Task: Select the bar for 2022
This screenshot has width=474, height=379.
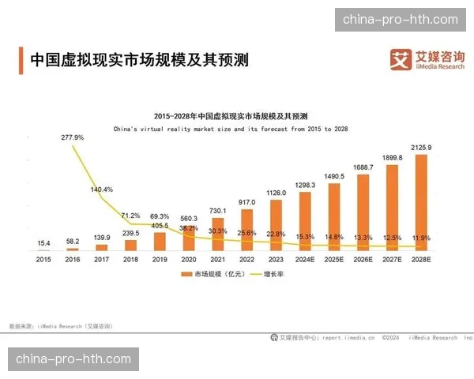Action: pyautogui.click(x=246, y=230)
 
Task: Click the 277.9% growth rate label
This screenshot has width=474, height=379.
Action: pyautogui.click(x=73, y=137)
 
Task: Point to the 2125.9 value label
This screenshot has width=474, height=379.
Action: pyautogui.click(x=421, y=148)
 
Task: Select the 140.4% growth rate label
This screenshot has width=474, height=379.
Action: pyautogui.click(x=102, y=189)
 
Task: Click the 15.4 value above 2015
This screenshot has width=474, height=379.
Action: pyautogui.click(x=43, y=242)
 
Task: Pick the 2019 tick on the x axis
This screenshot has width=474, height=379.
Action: pyautogui.click(x=160, y=258)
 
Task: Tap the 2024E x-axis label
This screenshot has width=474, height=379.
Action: pyautogui.click(x=305, y=258)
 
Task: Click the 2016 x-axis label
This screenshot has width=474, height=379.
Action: pyautogui.click(x=73, y=258)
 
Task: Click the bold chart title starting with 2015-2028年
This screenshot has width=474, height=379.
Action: pyautogui.click(x=231, y=114)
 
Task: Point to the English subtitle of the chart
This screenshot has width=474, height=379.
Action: pyautogui.click(x=231, y=127)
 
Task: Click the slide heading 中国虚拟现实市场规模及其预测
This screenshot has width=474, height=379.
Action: pyautogui.click(x=138, y=59)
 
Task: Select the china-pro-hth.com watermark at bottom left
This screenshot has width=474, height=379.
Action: pyautogui.click(x=73, y=359)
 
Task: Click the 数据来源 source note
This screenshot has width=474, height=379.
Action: pyautogui.click(x=60, y=325)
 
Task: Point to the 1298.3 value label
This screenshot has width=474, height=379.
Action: pyautogui.click(x=304, y=185)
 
